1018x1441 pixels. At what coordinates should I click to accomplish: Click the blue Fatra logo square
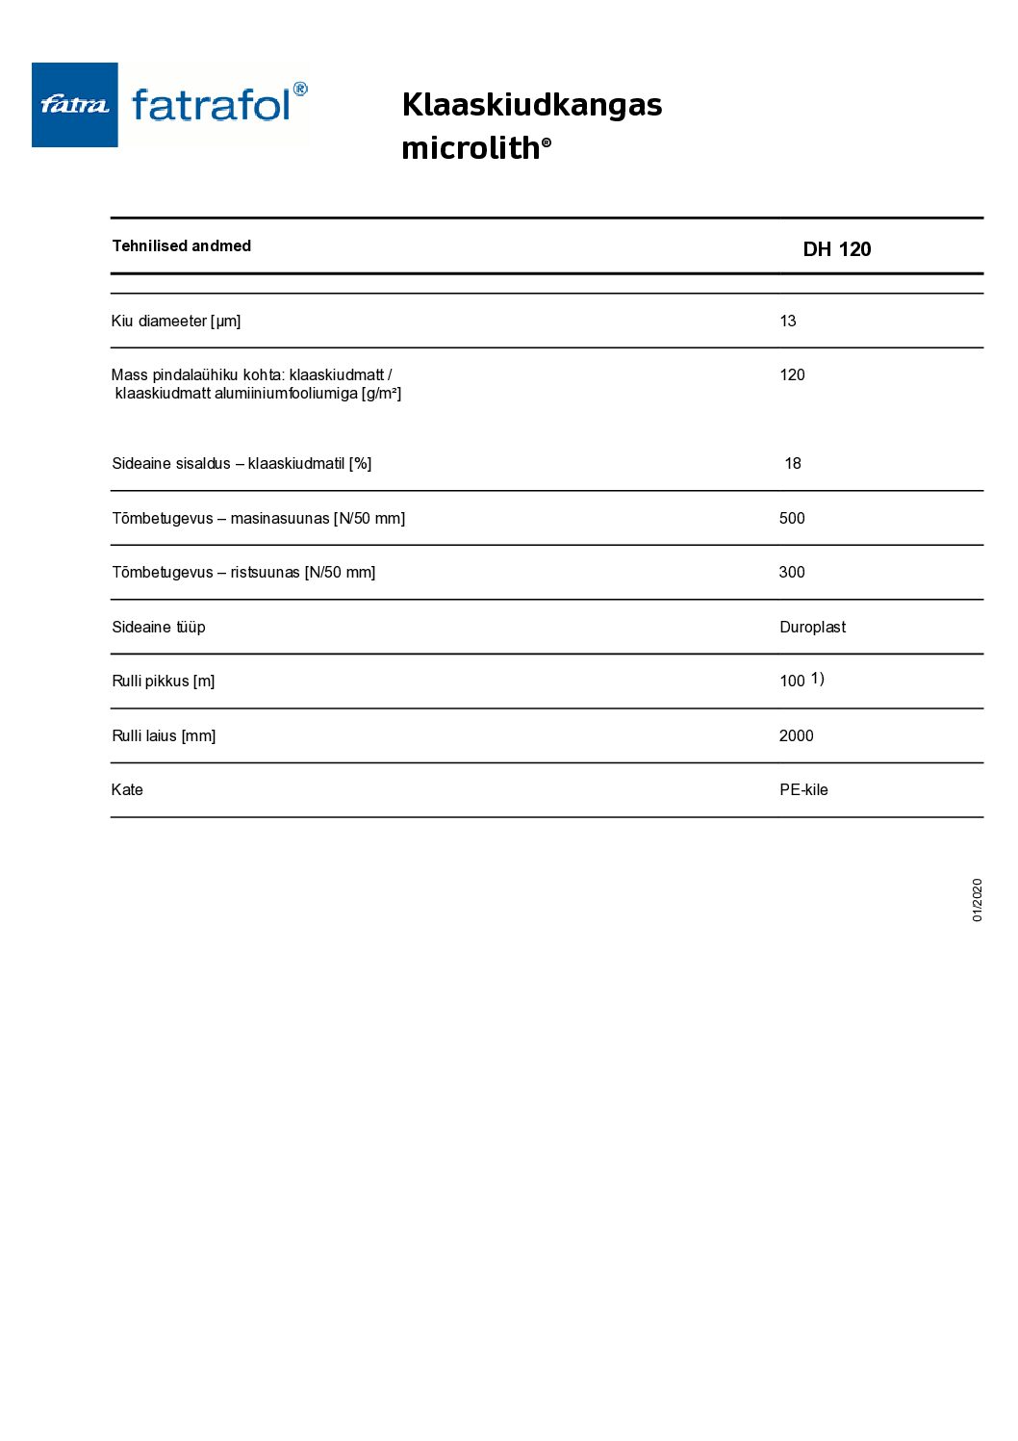(74, 105)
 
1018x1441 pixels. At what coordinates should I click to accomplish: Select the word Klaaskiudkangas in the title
(531, 104)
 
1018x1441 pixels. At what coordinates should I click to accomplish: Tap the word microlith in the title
(471, 148)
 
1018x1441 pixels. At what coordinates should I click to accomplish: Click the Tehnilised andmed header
(181, 245)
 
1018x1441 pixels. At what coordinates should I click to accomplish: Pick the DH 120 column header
(836, 249)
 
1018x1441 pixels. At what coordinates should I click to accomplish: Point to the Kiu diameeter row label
(175, 321)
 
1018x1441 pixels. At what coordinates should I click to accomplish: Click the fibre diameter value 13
(787, 321)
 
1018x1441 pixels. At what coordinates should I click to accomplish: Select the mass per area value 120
(792, 374)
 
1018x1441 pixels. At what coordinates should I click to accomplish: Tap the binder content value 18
(793, 463)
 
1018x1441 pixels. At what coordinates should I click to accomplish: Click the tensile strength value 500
(792, 518)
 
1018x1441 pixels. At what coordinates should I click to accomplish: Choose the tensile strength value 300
(792, 572)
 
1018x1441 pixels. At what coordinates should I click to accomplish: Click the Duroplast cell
(812, 627)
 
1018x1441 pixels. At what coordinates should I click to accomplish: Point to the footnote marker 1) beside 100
(817, 679)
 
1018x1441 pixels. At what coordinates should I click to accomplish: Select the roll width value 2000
(796, 735)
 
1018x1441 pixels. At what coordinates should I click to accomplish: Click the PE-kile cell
(803, 789)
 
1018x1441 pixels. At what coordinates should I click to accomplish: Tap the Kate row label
(127, 789)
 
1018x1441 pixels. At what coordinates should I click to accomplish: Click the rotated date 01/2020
(977, 900)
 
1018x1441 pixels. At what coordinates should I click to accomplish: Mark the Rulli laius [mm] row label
(164, 735)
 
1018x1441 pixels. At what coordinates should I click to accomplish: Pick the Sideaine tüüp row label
(159, 627)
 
